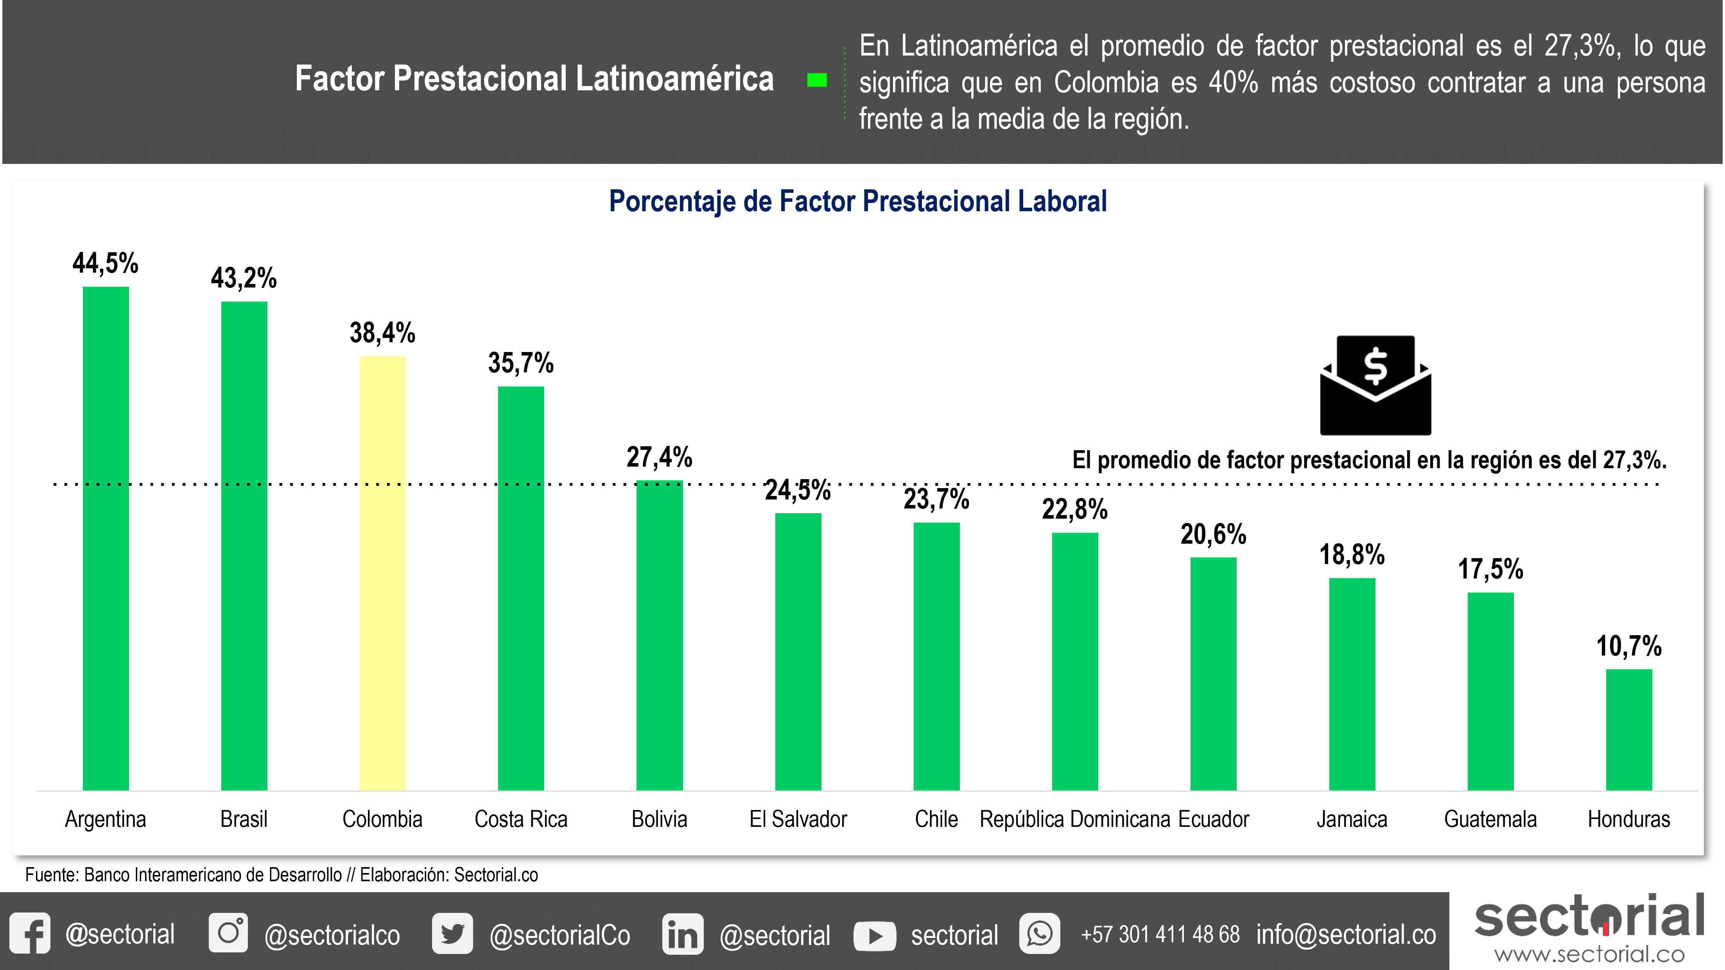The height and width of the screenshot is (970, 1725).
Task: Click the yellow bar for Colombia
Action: click(382, 573)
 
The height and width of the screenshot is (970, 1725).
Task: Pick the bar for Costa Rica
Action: click(521, 588)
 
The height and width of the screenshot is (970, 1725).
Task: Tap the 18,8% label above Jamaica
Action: click(1351, 555)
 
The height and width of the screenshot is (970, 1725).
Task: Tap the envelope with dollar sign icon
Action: click(1375, 385)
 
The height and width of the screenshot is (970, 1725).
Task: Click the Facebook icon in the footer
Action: click(30, 933)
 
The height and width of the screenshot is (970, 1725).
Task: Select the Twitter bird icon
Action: click(452, 933)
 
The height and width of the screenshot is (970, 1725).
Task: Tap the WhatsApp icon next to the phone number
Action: click(1039, 933)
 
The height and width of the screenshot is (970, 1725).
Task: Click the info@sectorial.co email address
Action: click(1346, 934)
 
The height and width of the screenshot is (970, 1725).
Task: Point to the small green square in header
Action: click(817, 81)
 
